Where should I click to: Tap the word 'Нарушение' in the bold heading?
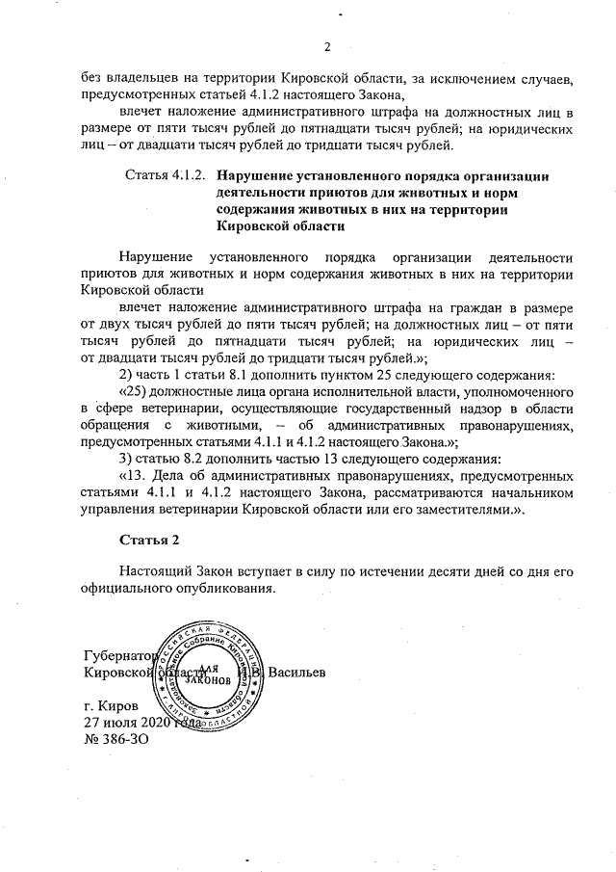(x=253, y=176)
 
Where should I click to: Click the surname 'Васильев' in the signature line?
(x=298, y=671)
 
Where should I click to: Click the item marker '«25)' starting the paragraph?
(x=133, y=393)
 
